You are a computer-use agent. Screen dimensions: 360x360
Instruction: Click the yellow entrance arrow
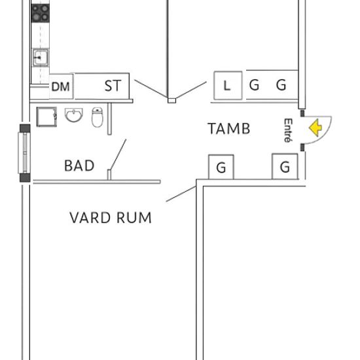point(315,128)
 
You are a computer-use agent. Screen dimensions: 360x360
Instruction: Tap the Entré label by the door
point(288,130)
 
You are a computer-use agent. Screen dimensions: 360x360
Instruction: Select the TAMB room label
point(229,128)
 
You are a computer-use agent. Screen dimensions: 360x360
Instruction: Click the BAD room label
point(79,166)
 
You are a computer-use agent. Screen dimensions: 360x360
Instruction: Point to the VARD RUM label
point(111,217)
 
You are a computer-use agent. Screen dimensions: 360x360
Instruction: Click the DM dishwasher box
point(61,86)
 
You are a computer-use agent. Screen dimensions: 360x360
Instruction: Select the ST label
point(113,86)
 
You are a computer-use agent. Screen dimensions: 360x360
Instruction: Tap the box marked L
point(228,85)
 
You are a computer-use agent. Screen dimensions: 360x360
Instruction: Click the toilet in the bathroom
point(98,117)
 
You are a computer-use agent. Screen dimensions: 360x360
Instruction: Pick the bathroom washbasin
point(74,115)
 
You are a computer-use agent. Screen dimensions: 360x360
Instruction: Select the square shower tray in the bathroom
point(46,117)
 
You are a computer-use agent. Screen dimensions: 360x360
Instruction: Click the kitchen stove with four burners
point(41,13)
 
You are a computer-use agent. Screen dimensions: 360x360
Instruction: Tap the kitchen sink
point(40,58)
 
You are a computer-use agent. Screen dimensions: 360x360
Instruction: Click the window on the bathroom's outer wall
point(25,153)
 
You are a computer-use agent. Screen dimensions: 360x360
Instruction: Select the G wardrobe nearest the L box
point(255,85)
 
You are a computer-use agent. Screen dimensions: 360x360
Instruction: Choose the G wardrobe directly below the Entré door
point(285,166)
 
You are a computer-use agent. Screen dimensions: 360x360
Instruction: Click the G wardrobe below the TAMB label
point(221,167)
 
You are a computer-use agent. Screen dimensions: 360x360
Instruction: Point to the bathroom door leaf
point(118,154)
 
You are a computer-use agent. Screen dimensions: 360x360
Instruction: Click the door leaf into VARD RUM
point(181,194)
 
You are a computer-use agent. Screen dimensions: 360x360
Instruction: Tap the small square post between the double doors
point(171,101)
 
